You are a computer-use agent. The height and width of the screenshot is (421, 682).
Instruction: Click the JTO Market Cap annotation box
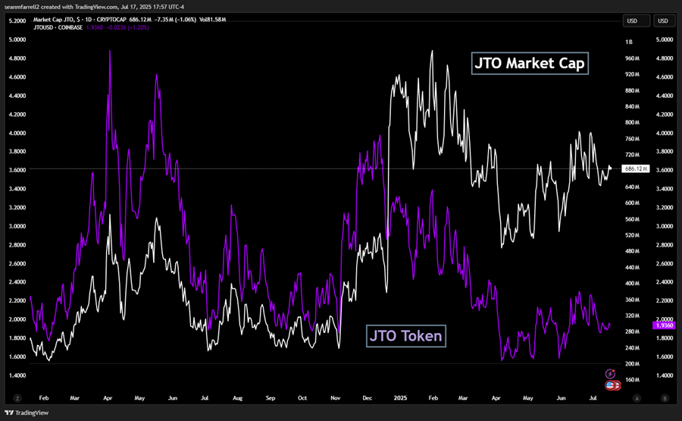pos(530,63)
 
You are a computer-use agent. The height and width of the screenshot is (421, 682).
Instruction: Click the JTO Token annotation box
pos(406,335)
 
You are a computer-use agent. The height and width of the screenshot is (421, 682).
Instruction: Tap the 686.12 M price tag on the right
pos(635,168)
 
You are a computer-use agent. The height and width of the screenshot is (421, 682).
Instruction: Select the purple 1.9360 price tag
pos(664,325)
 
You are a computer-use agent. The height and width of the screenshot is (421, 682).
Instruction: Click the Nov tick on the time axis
pos(335,397)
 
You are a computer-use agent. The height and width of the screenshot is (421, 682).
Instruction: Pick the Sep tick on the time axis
pos(271,397)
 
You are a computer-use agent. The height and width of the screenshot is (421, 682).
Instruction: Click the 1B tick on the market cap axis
pos(628,42)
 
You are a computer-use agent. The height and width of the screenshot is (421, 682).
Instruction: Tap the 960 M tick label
pos(632,58)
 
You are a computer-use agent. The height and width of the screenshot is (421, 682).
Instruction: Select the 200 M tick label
pos(632,364)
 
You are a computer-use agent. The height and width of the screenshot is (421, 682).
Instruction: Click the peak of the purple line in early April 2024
pos(110,51)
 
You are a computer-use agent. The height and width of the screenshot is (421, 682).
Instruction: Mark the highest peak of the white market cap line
pos(432,52)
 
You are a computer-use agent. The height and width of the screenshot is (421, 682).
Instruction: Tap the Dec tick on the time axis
pos(367,397)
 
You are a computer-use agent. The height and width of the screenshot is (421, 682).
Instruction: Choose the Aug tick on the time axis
pos(239,397)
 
